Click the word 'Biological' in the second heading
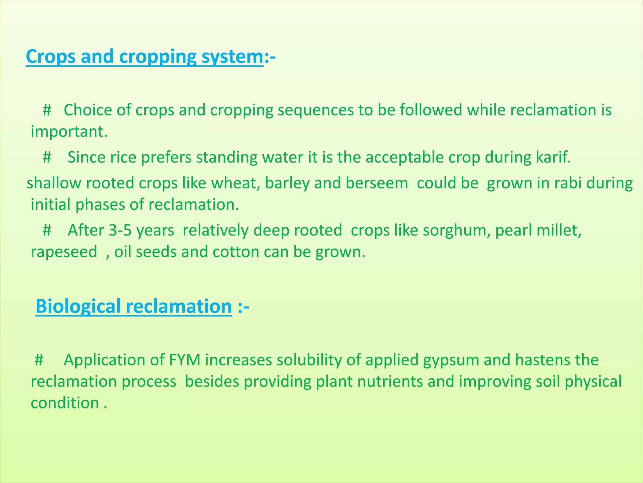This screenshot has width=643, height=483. (78, 306)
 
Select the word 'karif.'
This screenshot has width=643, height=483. (553, 158)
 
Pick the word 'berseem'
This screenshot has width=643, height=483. (377, 183)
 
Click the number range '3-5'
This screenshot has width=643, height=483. (120, 230)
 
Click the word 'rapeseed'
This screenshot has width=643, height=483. (64, 252)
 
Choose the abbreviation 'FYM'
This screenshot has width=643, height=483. (185, 360)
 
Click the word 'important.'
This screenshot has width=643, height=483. (69, 132)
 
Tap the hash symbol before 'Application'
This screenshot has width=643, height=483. (39, 360)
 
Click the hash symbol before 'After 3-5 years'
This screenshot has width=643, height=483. (47, 230)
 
